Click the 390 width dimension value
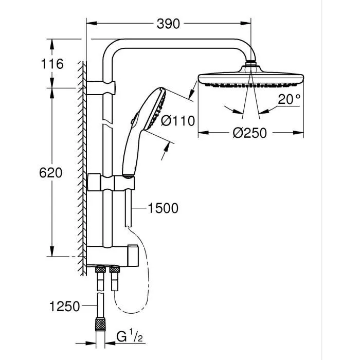169,24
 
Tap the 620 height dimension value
51,173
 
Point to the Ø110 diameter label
177,121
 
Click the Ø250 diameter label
250,133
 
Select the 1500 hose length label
163,208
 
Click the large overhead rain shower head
251,80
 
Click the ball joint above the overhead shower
251,65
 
